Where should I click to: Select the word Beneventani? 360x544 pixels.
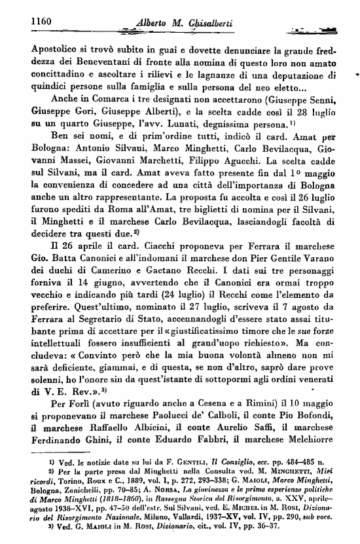pos(90,63)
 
